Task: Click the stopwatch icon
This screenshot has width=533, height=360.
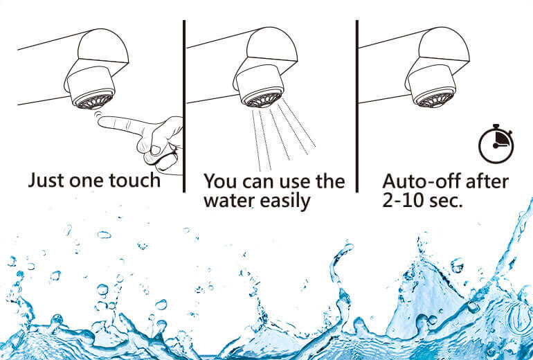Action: click(496, 144)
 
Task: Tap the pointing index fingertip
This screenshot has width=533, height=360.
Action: click(101, 121)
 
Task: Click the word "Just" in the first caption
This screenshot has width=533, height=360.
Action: click(46, 180)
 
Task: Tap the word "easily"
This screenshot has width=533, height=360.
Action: click(285, 201)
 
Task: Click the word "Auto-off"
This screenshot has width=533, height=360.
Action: click(422, 181)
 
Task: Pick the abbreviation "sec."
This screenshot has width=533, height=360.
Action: click(446, 201)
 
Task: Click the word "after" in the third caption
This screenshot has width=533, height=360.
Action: click(487, 181)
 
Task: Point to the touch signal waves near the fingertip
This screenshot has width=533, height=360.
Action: click(98, 114)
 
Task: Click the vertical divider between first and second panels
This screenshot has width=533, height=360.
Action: click(184, 106)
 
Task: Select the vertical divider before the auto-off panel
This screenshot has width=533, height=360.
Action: click(357, 106)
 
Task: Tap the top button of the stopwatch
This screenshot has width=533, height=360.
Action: click(496, 127)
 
